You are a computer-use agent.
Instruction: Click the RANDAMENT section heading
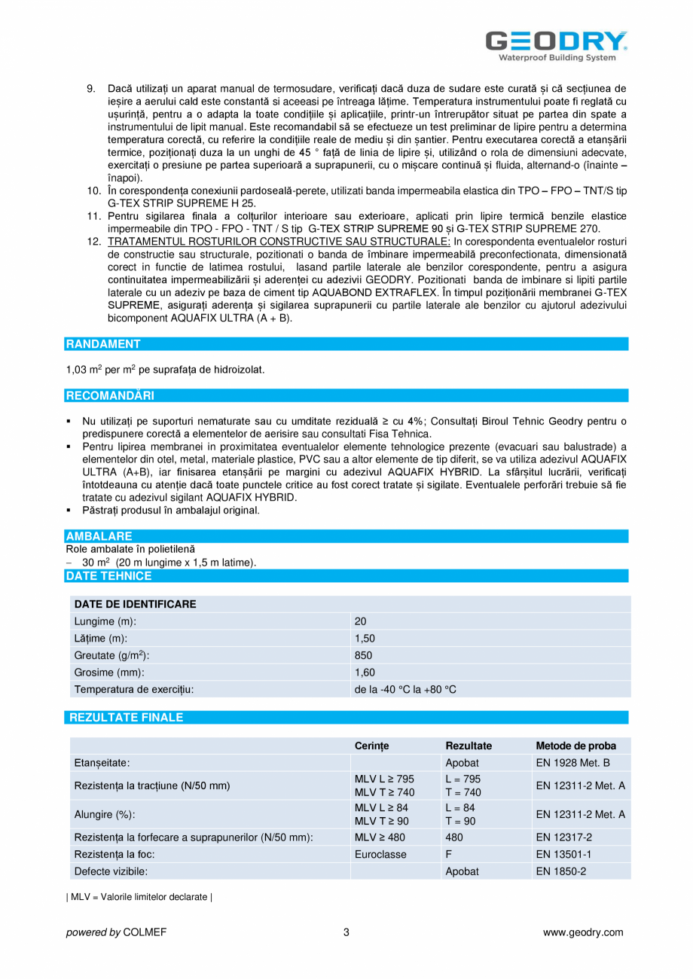103,344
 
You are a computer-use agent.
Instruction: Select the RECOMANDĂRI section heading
110,395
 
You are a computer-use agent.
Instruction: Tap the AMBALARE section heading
99,536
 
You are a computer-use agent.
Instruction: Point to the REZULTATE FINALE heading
126,718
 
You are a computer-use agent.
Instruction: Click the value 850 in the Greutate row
363,655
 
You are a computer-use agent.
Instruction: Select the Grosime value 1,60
365,672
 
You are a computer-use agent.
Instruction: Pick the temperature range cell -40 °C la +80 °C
405,689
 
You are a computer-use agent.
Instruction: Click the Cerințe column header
371,746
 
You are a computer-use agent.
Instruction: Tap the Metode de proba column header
575,746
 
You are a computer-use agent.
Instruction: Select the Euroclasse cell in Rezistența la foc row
380,854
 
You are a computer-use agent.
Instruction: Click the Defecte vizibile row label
111,871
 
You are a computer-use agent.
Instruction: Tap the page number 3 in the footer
346,932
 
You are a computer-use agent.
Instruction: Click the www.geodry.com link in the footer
583,932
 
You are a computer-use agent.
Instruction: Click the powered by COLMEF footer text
117,932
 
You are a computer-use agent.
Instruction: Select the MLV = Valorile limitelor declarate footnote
139,898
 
